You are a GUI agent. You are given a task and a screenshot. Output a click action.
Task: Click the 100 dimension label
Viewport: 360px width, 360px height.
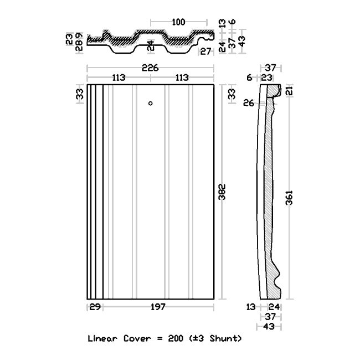point(178,22)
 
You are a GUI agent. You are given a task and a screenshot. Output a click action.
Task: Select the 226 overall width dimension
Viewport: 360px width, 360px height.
point(150,68)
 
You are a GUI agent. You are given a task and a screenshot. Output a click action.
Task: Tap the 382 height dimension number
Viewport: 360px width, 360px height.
point(222,192)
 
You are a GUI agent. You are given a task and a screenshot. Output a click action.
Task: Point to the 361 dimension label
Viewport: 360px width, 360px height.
point(289,198)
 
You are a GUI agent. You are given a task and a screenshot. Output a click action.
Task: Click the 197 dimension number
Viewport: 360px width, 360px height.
point(158,307)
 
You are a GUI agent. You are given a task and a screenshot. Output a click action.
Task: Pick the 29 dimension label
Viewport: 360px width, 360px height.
point(95,307)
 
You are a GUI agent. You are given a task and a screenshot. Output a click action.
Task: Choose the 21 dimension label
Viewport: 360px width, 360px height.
point(290,91)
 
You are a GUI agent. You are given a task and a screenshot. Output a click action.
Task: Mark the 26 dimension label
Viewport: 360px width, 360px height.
point(249,103)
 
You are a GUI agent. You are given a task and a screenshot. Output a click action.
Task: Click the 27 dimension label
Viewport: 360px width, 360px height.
point(205,52)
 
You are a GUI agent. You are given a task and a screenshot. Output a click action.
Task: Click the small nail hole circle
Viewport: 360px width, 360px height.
point(151,104)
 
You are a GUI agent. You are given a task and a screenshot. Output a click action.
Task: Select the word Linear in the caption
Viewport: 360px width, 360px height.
point(102,338)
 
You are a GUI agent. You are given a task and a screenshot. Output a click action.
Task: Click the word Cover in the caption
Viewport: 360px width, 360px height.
point(136,338)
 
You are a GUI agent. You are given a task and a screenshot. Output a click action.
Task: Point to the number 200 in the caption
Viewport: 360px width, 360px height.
point(176,338)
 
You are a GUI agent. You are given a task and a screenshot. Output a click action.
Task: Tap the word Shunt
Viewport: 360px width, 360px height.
point(224,338)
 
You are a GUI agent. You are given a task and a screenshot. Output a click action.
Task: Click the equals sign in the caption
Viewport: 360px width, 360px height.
point(158,338)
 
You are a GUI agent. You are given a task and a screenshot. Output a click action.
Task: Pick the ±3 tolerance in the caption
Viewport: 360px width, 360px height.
point(197,338)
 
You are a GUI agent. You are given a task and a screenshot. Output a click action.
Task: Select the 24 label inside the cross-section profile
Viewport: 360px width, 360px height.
point(151,45)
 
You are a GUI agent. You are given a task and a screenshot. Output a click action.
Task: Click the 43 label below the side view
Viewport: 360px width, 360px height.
point(269,326)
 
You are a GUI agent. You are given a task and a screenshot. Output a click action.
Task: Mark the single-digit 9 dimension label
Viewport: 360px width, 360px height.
point(79,35)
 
